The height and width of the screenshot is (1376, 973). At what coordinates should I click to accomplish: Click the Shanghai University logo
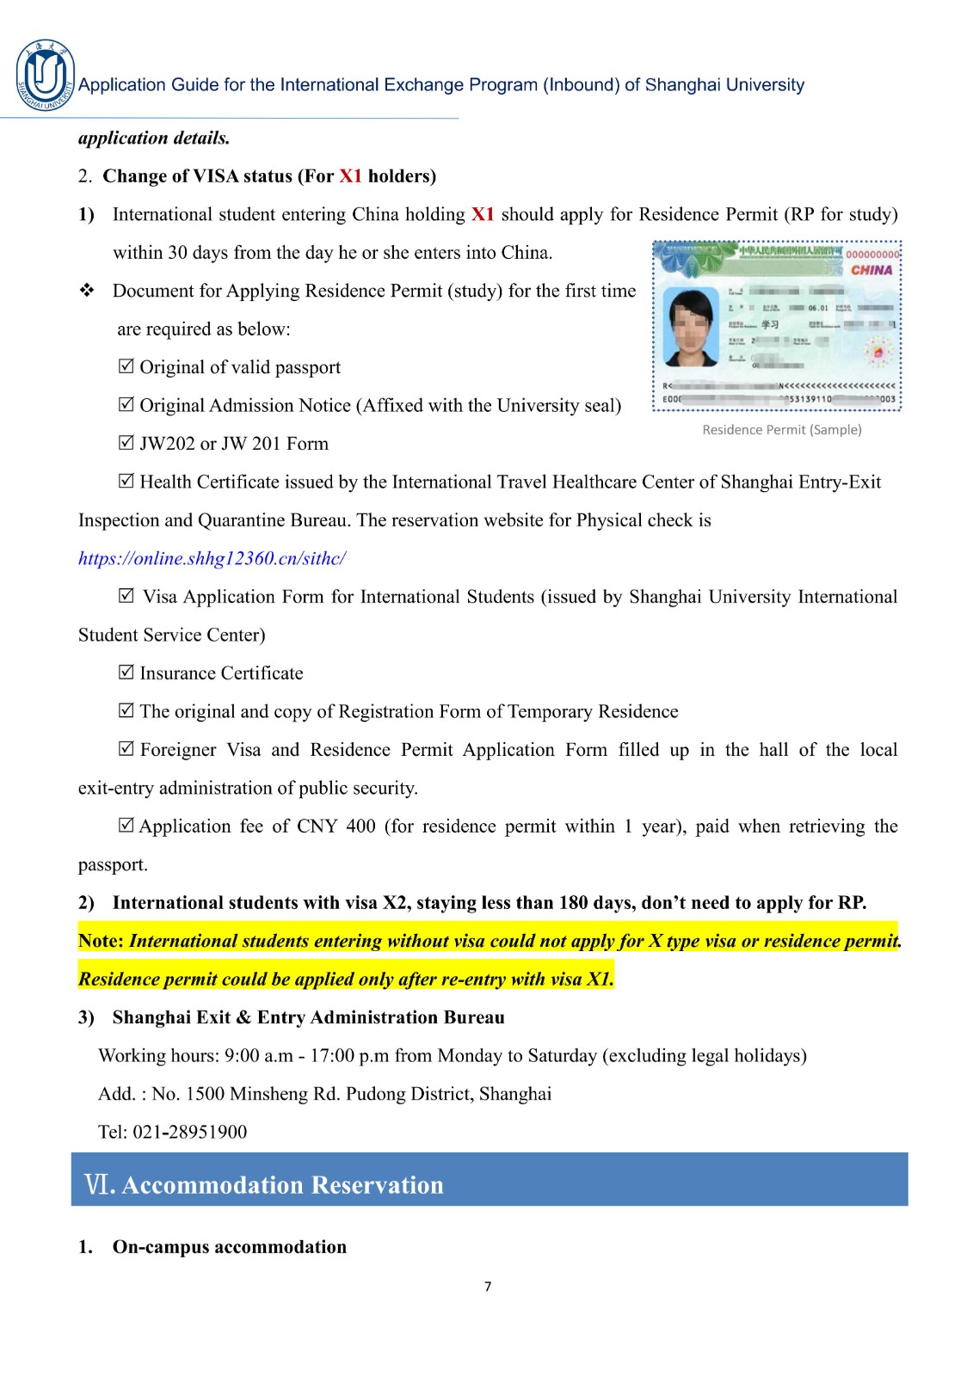pyautogui.click(x=45, y=76)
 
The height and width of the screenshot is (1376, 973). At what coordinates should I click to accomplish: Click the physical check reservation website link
pyautogui.click(x=212, y=559)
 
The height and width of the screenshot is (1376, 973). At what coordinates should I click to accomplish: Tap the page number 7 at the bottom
pyautogui.click(x=488, y=1287)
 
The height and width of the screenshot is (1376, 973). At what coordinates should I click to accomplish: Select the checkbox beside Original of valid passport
pyautogui.click(x=126, y=366)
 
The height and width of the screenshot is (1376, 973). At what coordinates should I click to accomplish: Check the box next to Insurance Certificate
pyautogui.click(x=126, y=673)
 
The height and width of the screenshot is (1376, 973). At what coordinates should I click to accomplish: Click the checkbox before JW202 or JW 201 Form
pyautogui.click(x=126, y=443)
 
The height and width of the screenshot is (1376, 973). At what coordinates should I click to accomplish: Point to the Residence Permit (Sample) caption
pyautogui.click(x=781, y=430)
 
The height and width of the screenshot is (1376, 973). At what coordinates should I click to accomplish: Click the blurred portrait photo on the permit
pyautogui.click(x=693, y=328)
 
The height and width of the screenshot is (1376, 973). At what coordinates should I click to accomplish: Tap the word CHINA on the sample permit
pyautogui.click(x=871, y=270)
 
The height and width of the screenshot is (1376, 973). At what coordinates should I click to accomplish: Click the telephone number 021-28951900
pyautogui.click(x=189, y=1132)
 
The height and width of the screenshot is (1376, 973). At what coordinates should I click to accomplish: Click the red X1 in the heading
pyautogui.click(x=350, y=176)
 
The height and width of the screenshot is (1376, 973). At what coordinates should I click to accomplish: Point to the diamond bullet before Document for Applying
pyautogui.click(x=87, y=291)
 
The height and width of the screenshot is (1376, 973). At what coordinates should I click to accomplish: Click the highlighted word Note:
pyautogui.click(x=102, y=941)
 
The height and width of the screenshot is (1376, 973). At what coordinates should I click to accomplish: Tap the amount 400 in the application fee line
pyautogui.click(x=360, y=826)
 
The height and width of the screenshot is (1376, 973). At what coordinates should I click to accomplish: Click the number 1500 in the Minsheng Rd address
pyautogui.click(x=205, y=1094)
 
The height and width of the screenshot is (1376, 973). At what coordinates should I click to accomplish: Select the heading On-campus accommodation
pyautogui.click(x=229, y=1247)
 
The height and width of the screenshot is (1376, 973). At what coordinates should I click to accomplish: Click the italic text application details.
pyautogui.click(x=154, y=138)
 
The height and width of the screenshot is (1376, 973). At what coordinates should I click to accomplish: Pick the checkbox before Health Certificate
pyautogui.click(x=126, y=482)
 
